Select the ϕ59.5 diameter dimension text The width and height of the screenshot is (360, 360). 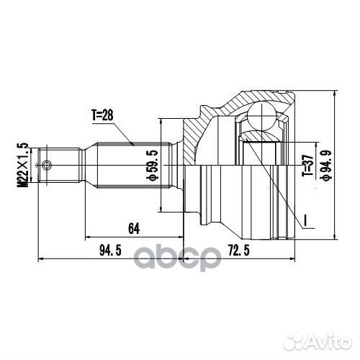(151, 165)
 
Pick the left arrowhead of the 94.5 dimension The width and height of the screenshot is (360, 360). (40, 259)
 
